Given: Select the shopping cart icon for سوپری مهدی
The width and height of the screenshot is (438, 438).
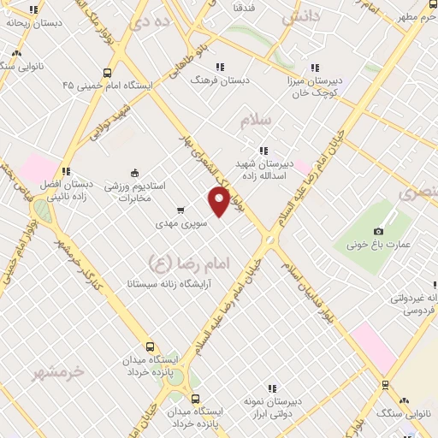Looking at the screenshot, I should click(180, 210).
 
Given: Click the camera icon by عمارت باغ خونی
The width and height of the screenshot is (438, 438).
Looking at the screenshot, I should click(379, 231).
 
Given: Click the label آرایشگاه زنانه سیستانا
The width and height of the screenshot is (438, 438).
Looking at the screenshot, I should click(169, 281).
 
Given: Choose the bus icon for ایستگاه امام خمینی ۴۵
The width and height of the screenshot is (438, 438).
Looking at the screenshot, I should click(107, 74).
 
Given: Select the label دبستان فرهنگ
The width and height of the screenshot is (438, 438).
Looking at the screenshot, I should click(222, 80).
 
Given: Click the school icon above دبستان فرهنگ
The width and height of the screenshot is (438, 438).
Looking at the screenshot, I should click(220, 67).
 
